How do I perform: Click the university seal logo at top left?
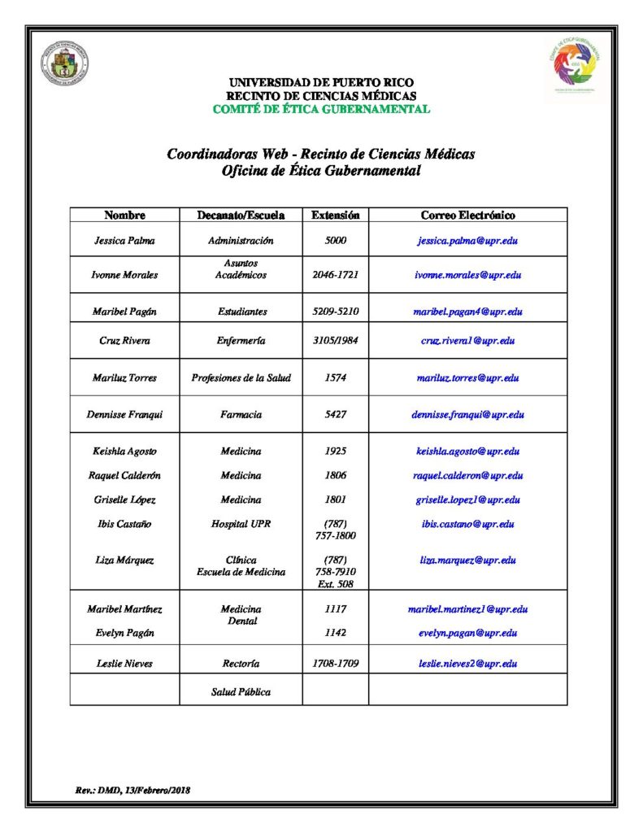[x=65, y=63]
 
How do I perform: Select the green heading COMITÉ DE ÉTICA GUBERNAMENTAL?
[x=321, y=109]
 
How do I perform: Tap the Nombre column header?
[x=124, y=216]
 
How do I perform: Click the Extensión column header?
[x=335, y=216]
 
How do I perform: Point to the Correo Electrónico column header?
[x=467, y=216]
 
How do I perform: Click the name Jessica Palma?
[x=124, y=241]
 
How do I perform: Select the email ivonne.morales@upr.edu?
[x=467, y=275]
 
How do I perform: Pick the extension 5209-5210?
[x=335, y=312]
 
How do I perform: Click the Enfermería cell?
[x=241, y=341]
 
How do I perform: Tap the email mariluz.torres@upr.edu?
[x=467, y=377]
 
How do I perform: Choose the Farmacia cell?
[x=241, y=414]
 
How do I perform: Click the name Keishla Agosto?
[x=124, y=451]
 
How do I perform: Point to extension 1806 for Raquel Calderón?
[x=335, y=475]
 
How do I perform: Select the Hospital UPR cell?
[x=241, y=524]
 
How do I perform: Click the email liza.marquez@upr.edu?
[x=467, y=560]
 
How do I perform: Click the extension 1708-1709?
[x=335, y=664]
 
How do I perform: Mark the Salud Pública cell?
[x=241, y=692]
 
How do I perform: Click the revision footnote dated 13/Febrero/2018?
[x=133, y=790]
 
